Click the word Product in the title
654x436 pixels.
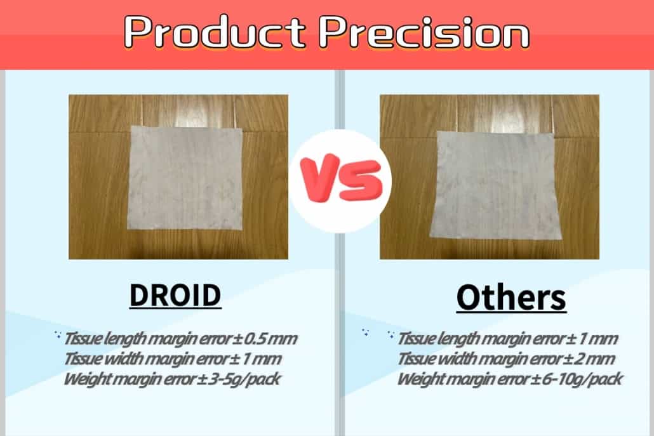click(x=215, y=32)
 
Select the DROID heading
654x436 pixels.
click(x=175, y=295)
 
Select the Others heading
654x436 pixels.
click(x=511, y=298)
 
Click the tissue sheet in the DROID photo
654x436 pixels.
click(x=186, y=178)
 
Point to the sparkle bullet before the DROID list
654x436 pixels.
click(x=58, y=334)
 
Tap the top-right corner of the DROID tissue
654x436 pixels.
click(x=242, y=128)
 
